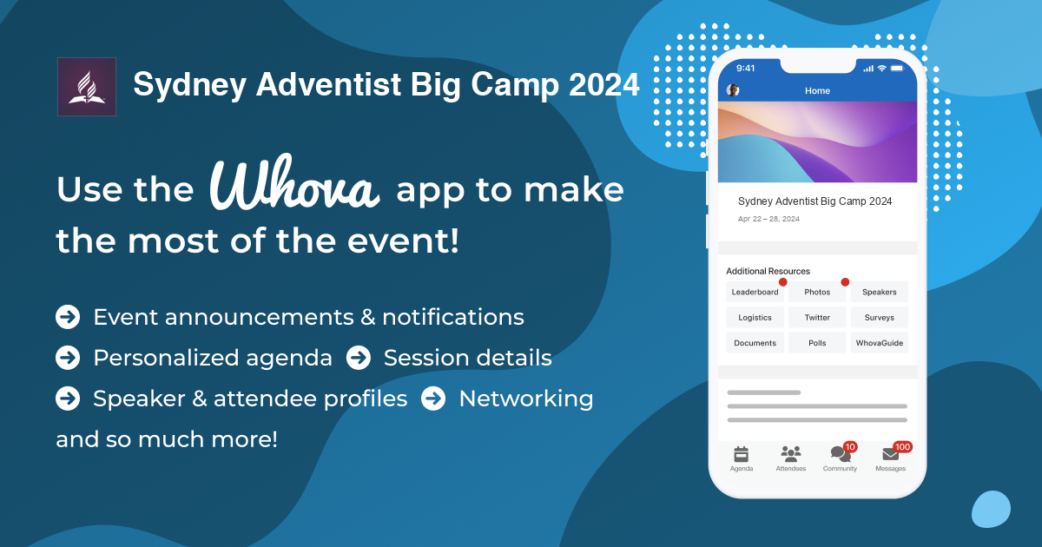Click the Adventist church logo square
pos(86,87)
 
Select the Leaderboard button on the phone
pos(755,292)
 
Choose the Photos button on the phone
pos(817,292)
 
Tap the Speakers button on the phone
pos(879,292)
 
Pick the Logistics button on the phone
pos(755,318)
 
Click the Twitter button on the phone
pos(817,318)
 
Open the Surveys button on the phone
pos(879,318)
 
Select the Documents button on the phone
pos(755,343)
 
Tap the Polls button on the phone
pos(817,343)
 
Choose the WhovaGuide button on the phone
pos(879,343)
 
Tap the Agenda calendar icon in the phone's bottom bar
pos(741,453)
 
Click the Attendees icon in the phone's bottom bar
pos(790,453)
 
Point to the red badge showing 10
pos(850,446)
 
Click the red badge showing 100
pos(902,446)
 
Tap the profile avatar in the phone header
pos(733,90)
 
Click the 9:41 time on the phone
pos(746,68)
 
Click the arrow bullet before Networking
pos(433,399)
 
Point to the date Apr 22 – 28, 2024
pos(768,219)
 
